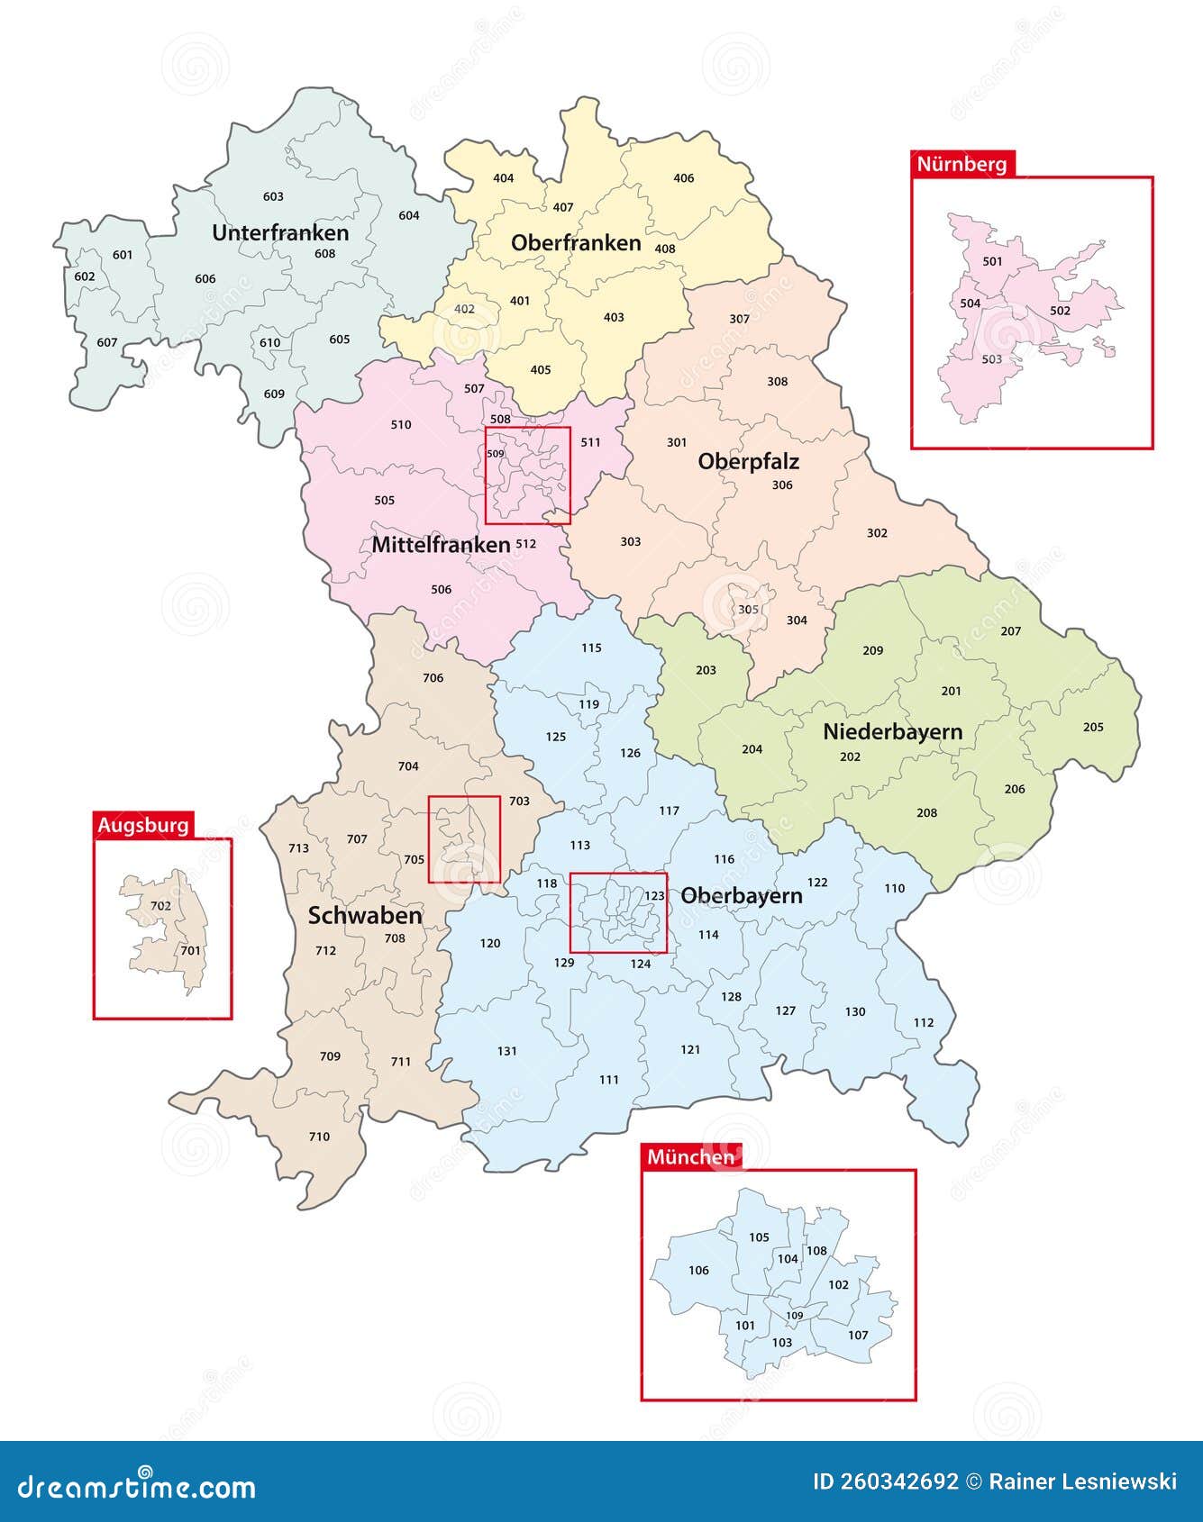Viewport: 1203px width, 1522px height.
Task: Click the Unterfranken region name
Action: click(280, 232)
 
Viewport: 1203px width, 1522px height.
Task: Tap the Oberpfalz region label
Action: click(748, 461)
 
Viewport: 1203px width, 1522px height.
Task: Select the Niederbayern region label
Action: click(892, 731)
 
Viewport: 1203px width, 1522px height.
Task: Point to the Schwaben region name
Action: click(365, 915)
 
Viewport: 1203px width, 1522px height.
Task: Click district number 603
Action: click(273, 196)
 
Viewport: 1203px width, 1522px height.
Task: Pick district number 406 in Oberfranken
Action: click(684, 177)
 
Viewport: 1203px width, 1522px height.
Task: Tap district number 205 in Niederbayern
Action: click(1093, 727)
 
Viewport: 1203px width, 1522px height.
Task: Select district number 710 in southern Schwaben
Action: click(319, 1137)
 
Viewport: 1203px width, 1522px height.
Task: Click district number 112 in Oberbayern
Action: click(924, 1022)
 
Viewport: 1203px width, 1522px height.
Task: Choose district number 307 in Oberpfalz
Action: click(739, 319)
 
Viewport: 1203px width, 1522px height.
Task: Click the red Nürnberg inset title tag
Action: click(962, 164)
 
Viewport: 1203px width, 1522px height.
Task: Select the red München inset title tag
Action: click(691, 1157)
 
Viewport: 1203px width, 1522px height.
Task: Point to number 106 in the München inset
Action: click(698, 1270)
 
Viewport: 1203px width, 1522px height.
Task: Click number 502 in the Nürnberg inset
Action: click(1061, 311)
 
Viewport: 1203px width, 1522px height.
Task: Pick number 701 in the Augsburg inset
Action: click(190, 950)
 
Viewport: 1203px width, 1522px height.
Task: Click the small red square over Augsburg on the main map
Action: click(464, 839)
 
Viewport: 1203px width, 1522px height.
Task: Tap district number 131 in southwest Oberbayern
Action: click(507, 1050)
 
